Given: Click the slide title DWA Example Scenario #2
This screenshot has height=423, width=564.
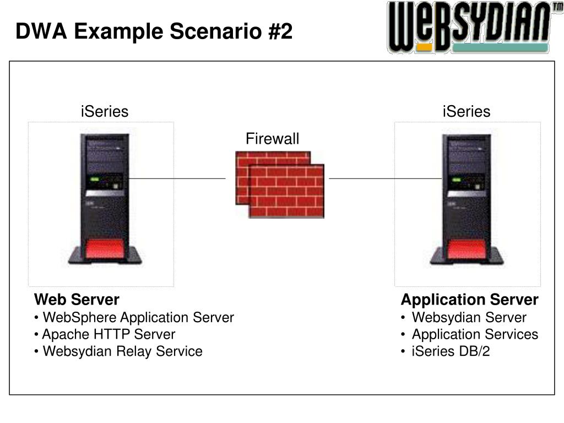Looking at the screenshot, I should point(154,31).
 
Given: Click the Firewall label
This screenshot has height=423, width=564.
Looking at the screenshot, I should point(272,139).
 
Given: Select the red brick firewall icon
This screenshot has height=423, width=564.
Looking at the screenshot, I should point(280,184).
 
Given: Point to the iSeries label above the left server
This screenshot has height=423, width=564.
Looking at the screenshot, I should point(104,112).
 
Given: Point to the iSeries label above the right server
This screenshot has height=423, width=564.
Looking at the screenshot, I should point(466,112).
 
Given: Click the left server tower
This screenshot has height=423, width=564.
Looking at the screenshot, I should point(105,198).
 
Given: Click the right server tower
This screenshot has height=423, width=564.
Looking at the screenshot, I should point(467,198).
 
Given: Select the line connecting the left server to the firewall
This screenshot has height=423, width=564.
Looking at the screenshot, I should point(176,178).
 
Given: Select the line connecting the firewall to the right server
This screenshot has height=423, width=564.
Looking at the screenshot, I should point(385,178).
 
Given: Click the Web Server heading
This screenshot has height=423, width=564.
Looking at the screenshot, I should point(77,300).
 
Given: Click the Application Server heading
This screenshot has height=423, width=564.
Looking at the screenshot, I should point(469,300).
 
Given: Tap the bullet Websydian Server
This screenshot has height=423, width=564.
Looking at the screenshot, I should point(469,318).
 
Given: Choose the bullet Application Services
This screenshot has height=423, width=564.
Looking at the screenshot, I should point(475,334).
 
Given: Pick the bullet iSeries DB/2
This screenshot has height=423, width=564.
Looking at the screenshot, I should point(451,351).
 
